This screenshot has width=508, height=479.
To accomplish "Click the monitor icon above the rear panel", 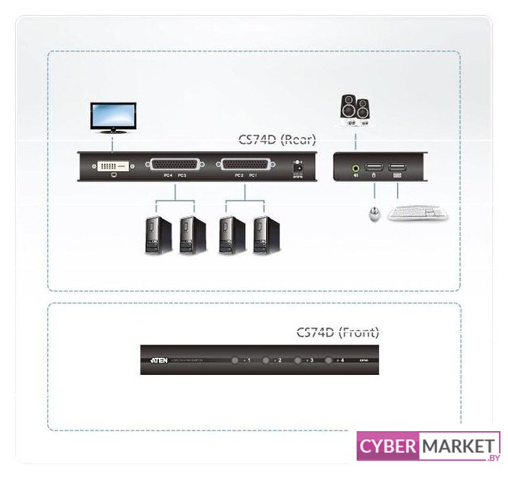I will coord(112,118).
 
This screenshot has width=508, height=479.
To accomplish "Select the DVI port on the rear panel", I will coord(113,165).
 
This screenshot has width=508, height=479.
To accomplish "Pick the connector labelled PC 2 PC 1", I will coord(244,165).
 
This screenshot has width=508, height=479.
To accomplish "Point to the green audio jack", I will coord(354,169).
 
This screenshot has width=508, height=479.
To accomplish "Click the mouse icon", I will coord(373,215).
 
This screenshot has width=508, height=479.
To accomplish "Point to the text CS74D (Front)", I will coord(338,332).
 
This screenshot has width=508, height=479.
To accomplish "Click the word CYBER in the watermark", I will coord(387,447).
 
